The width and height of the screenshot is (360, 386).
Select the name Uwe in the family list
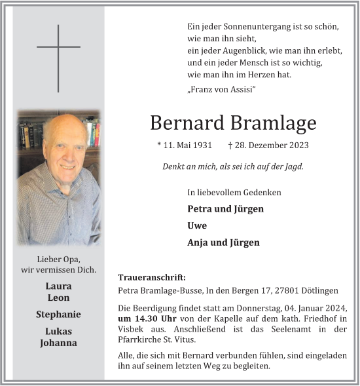tap(197, 225)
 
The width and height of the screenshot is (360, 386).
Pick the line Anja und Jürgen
tap(223, 242)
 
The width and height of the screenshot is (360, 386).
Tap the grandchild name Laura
tap(58, 286)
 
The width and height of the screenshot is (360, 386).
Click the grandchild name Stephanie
tap(58, 315)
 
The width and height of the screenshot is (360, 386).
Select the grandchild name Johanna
tap(58, 343)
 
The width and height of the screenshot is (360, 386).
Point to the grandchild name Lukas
tap(58, 332)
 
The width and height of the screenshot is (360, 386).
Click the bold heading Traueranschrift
tap(152, 277)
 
